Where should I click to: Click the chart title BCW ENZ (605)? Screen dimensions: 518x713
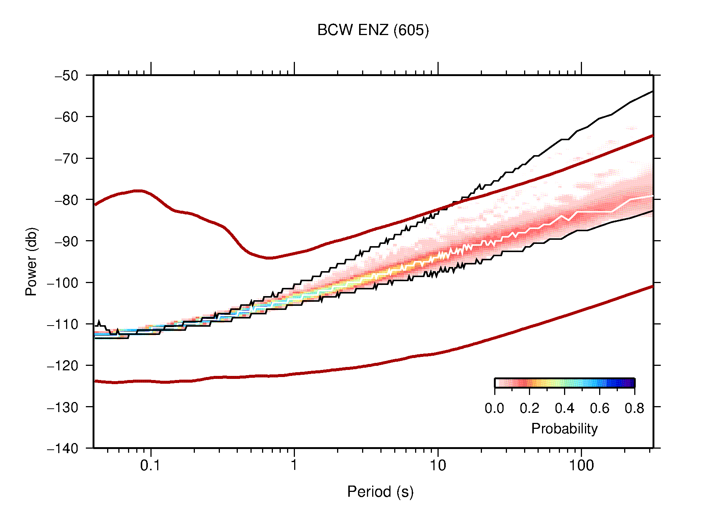373,30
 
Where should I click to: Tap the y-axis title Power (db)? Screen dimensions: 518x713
31,261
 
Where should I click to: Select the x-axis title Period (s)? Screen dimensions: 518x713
380,492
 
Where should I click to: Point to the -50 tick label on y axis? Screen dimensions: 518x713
66,76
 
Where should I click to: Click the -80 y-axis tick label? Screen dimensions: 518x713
66,200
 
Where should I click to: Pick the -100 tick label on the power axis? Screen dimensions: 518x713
63,283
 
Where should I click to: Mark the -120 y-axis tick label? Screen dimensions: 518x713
63,365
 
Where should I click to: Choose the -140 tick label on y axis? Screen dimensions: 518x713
63,448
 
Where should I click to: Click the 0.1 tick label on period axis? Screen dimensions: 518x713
150,465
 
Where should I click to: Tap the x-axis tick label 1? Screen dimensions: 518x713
294,465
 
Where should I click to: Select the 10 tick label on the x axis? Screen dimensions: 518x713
438,465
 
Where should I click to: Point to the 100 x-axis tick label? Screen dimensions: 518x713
581,465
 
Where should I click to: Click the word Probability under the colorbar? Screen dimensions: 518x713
564,429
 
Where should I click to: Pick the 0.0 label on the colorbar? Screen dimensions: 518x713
494,408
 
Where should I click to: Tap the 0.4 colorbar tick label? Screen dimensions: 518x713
564,408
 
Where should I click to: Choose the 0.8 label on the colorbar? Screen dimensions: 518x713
634,408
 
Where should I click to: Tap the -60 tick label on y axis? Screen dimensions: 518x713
66,117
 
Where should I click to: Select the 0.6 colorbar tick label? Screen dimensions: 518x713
600,408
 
